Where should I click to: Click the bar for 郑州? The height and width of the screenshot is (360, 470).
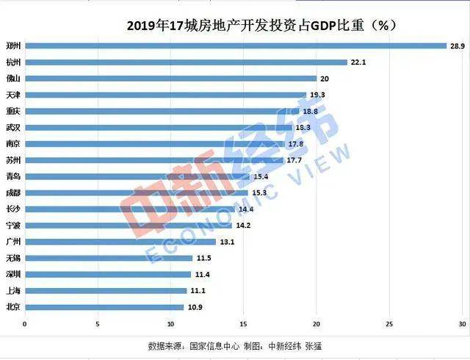pos(235,46)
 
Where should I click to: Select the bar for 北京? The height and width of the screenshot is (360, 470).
pos(104,306)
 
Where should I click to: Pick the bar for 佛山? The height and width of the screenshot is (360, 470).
pos(170,78)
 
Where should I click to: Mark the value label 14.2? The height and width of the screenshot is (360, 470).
pos(243,225)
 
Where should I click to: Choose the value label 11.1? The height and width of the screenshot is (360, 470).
pos(198,290)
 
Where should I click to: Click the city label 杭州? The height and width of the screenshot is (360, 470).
pos(12,62)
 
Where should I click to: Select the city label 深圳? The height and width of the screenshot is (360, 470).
pos(12,274)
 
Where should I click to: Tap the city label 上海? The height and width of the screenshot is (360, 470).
pos(12,290)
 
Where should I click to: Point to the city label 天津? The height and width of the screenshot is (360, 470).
pos(12,95)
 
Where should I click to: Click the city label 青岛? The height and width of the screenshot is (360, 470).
pos(12,176)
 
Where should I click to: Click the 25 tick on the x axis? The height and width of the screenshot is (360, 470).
pos(389,323)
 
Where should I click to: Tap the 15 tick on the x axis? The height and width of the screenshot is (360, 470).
pos(243,323)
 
